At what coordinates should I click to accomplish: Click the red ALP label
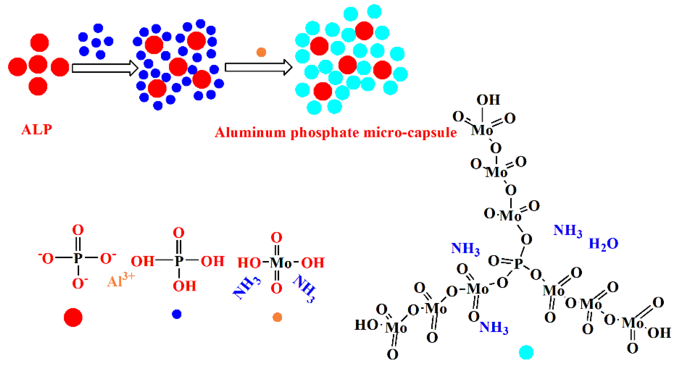pyautogui.click(x=36, y=130)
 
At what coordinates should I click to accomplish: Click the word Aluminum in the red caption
pyautogui.click(x=250, y=132)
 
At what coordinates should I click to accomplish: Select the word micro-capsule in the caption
pyautogui.click(x=410, y=132)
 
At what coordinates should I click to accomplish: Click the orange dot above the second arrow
pyautogui.click(x=261, y=52)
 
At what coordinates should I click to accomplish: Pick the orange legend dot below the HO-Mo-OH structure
pyautogui.click(x=277, y=317)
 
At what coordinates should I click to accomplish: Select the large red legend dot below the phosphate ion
pyautogui.click(x=73, y=317)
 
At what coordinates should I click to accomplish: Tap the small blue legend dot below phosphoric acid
pyautogui.click(x=177, y=314)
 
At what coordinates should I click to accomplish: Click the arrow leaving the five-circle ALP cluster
pyautogui.click(x=104, y=68)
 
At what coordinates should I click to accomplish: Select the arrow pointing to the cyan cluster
pyautogui.click(x=258, y=67)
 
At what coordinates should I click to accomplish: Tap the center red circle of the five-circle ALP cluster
pyautogui.click(x=38, y=65)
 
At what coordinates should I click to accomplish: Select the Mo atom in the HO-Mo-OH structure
pyautogui.click(x=280, y=263)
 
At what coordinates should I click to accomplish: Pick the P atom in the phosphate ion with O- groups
pyautogui.click(x=78, y=258)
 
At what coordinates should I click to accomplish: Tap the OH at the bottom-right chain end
pyautogui.click(x=659, y=333)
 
